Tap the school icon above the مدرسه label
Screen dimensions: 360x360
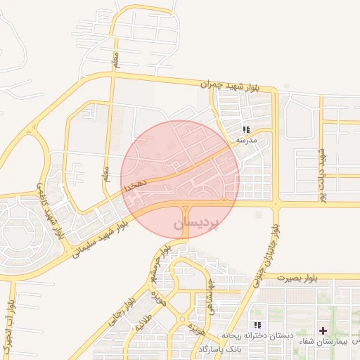click(x=246, y=129)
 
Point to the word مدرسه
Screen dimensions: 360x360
click(x=245, y=139)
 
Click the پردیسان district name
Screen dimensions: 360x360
click(x=196, y=223)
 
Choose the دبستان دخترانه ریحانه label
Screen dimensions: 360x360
click(x=257, y=335)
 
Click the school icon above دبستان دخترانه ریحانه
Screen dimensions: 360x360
click(x=257, y=325)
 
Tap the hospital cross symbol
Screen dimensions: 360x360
click(x=323, y=330)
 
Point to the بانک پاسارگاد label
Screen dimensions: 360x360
click(x=219, y=349)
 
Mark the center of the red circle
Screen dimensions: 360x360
click(x=180, y=179)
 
